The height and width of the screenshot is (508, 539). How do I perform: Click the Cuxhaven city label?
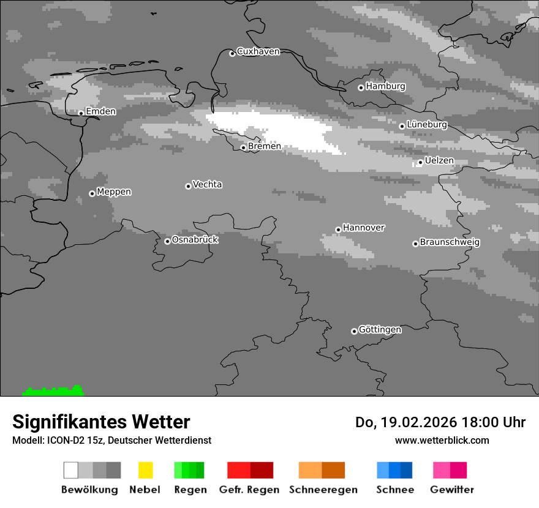pyautogui.click(x=258, y=51)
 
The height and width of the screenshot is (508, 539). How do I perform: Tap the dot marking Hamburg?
pyautogui.click(x=361, y=88)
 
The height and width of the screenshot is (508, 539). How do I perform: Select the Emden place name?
pyautogui.click(x=100, y=111)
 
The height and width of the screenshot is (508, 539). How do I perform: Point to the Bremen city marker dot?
pyautogui.click(x=243, y=148)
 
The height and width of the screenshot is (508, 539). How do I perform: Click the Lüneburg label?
pyautogui.click(x=427, y=125)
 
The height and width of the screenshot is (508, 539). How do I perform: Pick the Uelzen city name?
pyautogui.click(x=439, y=160)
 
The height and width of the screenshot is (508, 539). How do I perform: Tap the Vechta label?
pyautogui.click(x=207, y=184)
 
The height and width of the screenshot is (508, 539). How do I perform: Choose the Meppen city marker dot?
pyautogui.click(x=92, y=193)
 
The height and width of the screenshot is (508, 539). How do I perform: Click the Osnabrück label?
pyautogui.click(x=195, y=240)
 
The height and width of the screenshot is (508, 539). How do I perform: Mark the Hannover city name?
pyautogui.click(x=364, y=228)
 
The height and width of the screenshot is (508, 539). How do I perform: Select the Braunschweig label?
pyautogui.click(x=450, y=242)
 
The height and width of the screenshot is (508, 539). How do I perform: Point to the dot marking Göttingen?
pyautogui.click(x=354, y=331)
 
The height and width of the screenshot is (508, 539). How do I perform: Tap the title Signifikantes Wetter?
pyautogui.click(x=101, y=422)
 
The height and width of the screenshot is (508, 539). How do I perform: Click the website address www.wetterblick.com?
pyautogui.click(x=442, y=440)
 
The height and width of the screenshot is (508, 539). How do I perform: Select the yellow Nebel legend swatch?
pyautogui.click(x=145, y=470)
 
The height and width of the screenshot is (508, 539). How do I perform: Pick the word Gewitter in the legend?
pyautogui.click(x=451, y=490)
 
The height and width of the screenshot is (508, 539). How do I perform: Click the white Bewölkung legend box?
pyautogui.click(x=71, y=470)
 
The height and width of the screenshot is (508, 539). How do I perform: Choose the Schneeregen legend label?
pyautogui.click(x=323, y=490)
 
